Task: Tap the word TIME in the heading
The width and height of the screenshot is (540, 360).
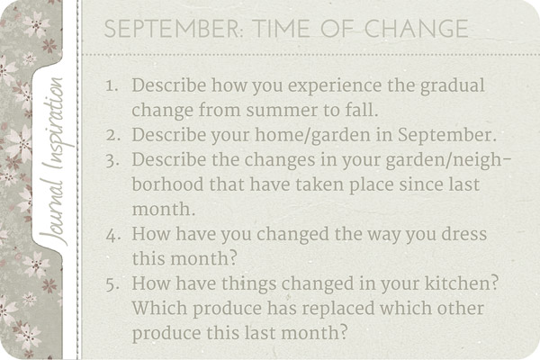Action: [x=281, y=29]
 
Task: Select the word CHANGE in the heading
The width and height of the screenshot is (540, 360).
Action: [x=417, y=29]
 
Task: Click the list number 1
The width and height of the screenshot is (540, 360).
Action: [x=112, y=85]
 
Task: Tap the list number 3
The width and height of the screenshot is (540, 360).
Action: [x=112, y=161]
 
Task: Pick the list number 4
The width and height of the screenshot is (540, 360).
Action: [x=112, y=235]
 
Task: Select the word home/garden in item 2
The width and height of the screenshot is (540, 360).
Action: [x=312, y=136]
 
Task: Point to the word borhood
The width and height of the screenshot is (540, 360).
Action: [x=167, y=184]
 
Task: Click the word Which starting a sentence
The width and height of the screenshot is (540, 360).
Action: [x=159, y=308]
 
